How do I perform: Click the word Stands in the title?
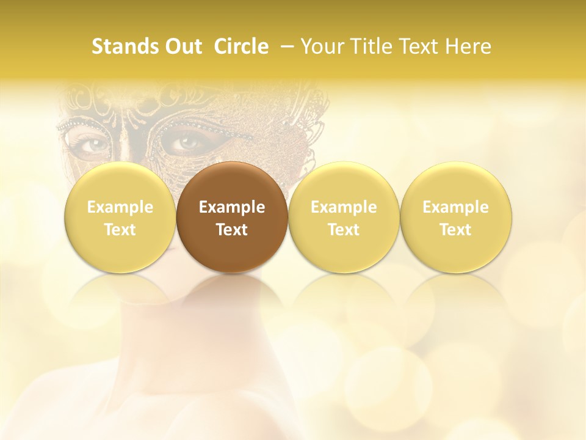coord(120,46)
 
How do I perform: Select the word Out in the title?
coord(181,46)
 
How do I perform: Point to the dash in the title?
coord(286,47)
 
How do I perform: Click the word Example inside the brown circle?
coord(232,208)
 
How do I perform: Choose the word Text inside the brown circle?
coord(232,230)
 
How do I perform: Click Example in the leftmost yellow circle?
coord(120,208)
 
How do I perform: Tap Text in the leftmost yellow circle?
coord(120,230)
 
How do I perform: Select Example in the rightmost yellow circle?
coord(455,208)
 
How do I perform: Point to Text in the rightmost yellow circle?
coord(455,230)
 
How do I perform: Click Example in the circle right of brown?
coord(344,208)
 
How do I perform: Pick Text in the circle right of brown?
coord(344,230)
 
